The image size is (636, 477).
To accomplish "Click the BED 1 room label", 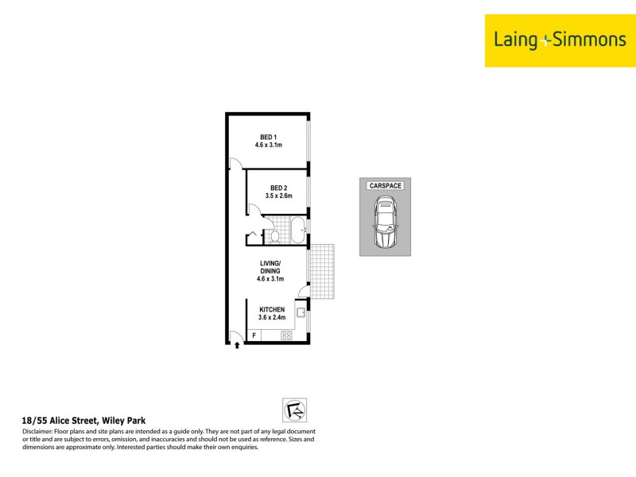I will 269,137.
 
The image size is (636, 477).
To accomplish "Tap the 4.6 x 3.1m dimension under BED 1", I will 269,145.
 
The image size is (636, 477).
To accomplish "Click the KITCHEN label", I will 271,310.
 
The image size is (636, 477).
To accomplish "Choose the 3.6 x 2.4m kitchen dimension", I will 271,319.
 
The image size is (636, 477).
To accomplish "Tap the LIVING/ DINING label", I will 271,268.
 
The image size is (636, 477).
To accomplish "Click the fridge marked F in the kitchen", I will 254,336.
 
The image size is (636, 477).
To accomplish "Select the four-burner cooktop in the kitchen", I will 287,335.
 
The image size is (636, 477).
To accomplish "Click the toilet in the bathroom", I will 274,236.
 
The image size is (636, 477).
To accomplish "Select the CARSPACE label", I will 386,185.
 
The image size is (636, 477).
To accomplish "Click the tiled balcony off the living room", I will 323,271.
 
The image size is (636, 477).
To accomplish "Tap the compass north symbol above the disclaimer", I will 294,410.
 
